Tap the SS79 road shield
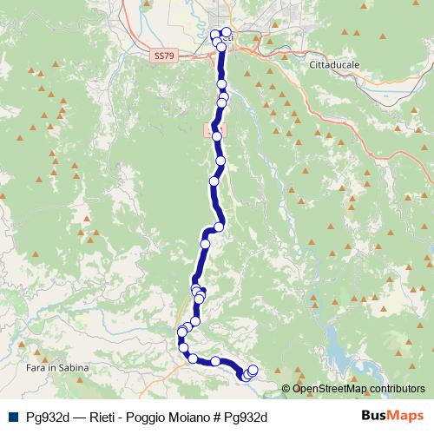(x=161, y=55)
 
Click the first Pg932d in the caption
(x=46, y=416)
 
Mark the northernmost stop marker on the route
(x=226, y=33)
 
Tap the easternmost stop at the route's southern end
(x=253, y=370)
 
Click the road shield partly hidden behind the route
(x=211, y=129)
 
